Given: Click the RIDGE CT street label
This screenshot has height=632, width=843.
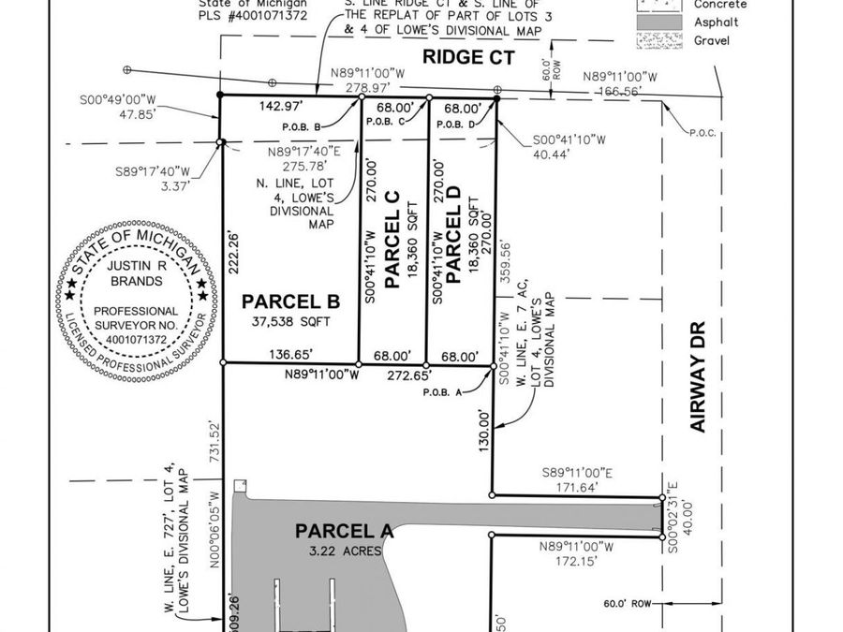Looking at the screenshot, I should click(466, 57).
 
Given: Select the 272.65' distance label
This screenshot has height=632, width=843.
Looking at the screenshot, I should click(407, 375).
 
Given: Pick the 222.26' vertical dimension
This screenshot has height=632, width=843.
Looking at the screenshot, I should click(233, 251).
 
